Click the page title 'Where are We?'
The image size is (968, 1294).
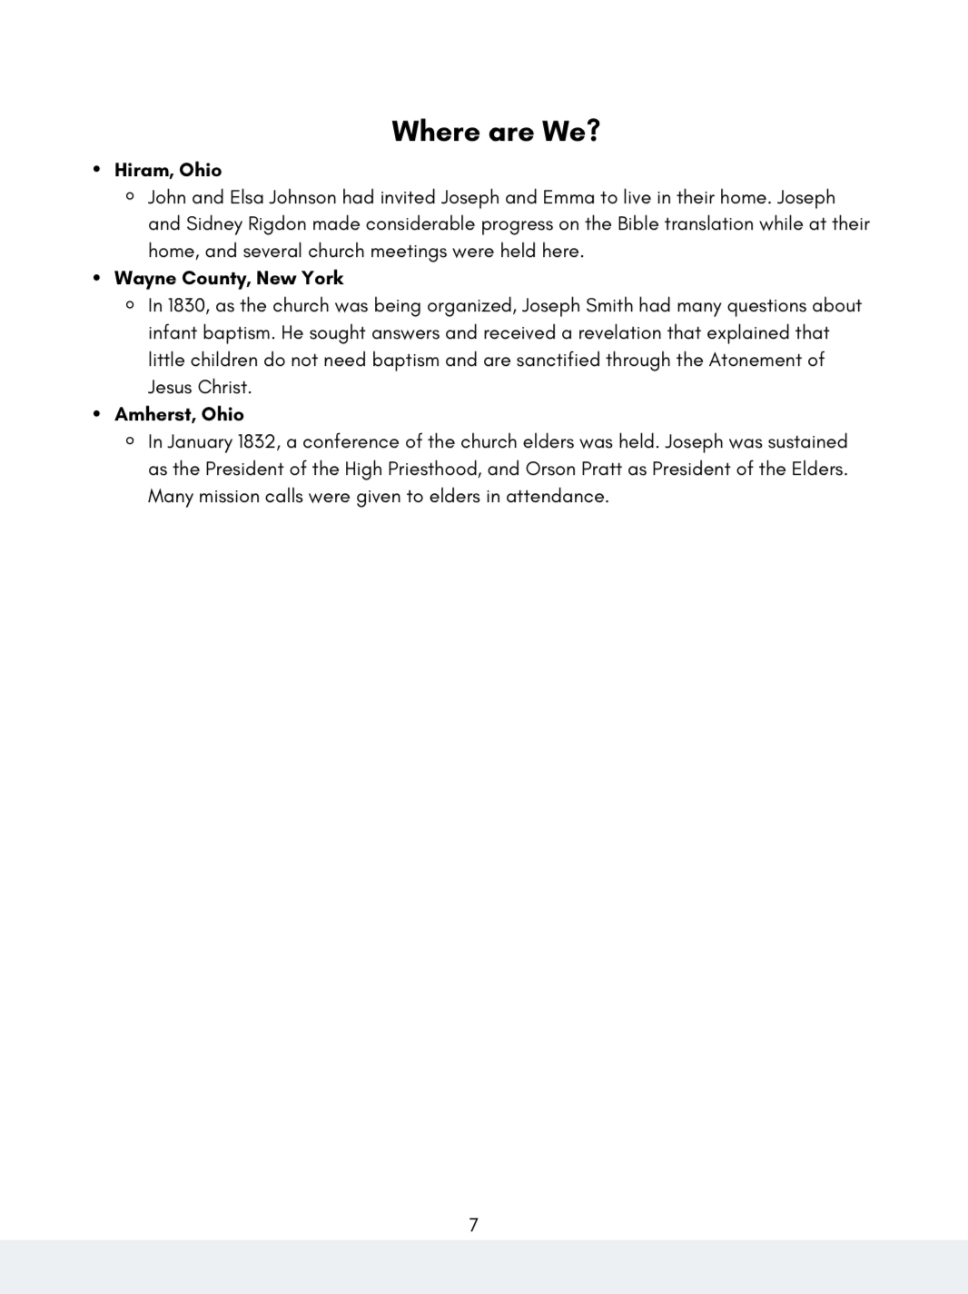point(496,132)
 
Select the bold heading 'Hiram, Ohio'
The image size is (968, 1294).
point(168,170)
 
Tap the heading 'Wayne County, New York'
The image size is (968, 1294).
point(229,278)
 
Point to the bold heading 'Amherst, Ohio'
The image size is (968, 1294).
point(179,414)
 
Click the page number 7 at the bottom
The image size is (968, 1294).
point(473,1225)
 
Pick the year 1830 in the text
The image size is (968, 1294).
point(186,306)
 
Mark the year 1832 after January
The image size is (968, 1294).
point(257,442)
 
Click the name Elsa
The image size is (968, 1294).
point(246,197)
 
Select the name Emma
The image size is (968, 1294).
point(568,197)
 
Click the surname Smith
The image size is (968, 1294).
point(609,306)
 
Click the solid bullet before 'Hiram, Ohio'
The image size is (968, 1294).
point(97,170)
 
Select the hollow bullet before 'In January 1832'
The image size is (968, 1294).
point(130,441)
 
